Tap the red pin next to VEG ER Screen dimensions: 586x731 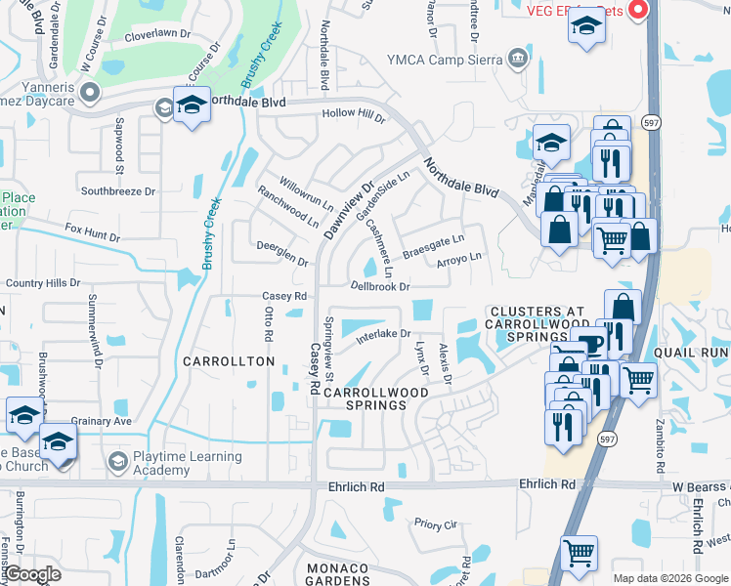click(639, 11)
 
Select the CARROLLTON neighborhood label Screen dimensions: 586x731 click(229, 361)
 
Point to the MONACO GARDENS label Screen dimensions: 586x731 click(337, 575)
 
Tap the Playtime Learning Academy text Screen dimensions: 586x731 click(188, 463)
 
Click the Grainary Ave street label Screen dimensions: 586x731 click(101, 421)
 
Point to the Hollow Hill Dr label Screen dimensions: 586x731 click(354, 115)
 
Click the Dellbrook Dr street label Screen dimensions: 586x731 click(380, 286)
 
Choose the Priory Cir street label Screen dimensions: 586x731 click(436, 523)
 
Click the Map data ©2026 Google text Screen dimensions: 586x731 click(669, 578)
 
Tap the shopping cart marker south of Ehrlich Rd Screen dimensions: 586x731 click(579, 553)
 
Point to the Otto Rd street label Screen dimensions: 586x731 click(267, 320)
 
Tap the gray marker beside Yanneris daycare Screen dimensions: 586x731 click(90, 94)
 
